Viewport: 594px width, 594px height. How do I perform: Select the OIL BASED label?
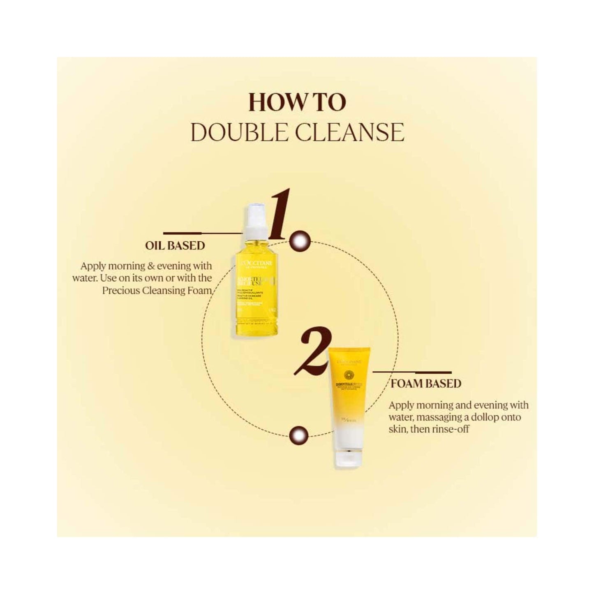tap(175, 245)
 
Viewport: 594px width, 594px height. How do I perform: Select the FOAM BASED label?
tap(425, 384)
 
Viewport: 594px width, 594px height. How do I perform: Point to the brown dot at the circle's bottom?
tap(298, 435)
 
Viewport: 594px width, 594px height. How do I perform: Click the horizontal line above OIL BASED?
tap(201, 233)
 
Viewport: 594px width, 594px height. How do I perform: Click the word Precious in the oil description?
tap(123, 291)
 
